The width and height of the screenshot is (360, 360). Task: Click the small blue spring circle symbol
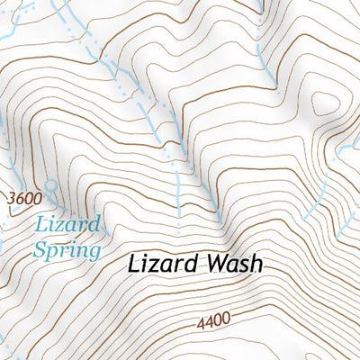click(x=50, y=185)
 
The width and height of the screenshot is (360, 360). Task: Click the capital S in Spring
click(x=41, y=248)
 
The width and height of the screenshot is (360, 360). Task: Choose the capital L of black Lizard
click(x=133, y=265)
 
